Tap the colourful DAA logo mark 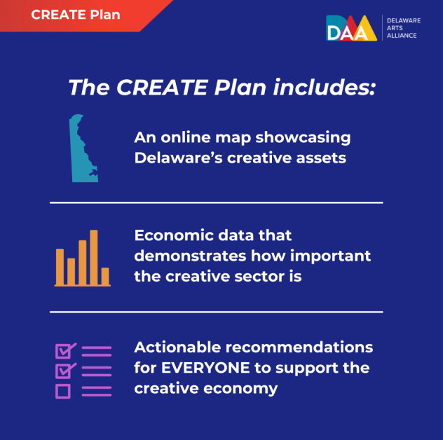[351, 28]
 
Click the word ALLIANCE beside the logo [402, 36]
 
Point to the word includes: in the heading [325, 87]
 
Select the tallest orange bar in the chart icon [94, 257]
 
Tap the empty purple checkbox [62, 391]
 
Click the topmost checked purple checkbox [64, 351]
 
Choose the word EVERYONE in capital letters [205, 368]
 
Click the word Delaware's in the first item [179, 158]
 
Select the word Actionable [177, 347]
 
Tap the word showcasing [303, 138]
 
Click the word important [330, 256]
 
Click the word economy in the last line [240, 389]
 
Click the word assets [321, 158]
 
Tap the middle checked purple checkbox [64, 371]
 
